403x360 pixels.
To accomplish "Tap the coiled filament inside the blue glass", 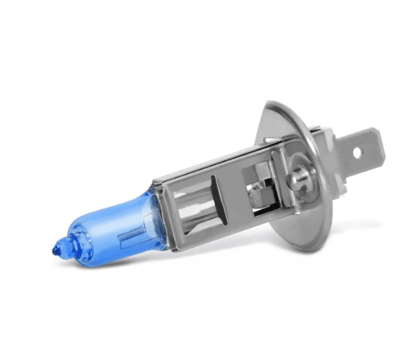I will coord(132,234).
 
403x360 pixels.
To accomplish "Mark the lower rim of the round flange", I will coord(303,247).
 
